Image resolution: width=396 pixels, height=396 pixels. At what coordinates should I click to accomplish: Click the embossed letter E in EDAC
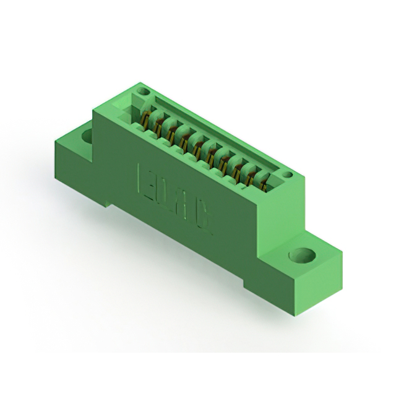tap(143, 178)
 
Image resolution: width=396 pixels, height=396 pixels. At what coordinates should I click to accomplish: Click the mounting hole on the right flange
tap(301, 255)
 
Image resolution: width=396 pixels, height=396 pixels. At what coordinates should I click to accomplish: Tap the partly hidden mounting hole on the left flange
tap(87, 134)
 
